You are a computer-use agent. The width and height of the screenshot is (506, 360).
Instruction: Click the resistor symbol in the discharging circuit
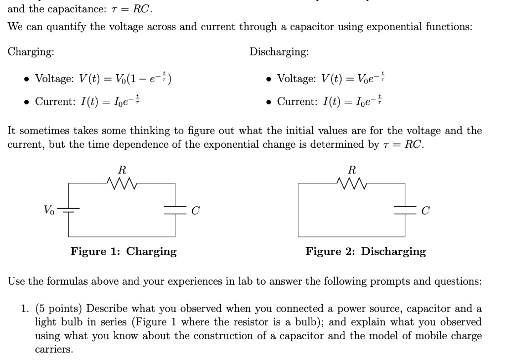click(x=351, y=185)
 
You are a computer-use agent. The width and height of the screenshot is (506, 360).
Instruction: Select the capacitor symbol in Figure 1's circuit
click(x=175, y=210)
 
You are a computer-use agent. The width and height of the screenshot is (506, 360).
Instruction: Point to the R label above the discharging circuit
click(x=352, y=170)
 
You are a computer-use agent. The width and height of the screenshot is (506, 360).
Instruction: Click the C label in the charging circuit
click(x=196, y=211)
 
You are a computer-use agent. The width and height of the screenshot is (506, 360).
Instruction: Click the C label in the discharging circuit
click(x=426, y=211)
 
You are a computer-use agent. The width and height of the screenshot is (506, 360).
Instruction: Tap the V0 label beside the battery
click(x=49, y=210)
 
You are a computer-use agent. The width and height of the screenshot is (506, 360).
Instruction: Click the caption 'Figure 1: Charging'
click(x=124, y=251)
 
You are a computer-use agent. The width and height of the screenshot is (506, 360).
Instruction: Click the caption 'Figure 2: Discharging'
click(x=366, y=251)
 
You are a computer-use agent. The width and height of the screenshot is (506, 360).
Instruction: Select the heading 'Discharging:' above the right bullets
click(x=279, y=52)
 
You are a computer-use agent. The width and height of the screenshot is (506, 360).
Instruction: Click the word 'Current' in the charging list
click(x=54, y=101)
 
